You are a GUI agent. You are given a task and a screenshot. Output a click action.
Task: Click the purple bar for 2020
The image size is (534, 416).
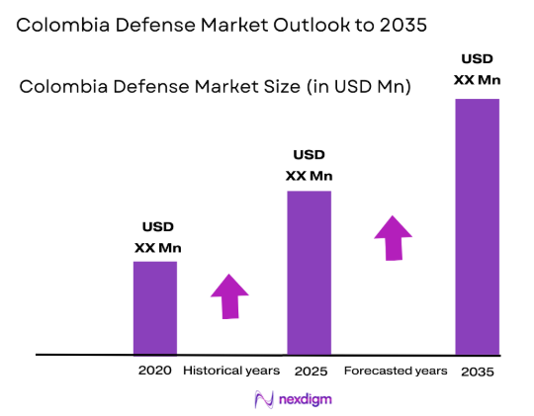[x=155, y=307]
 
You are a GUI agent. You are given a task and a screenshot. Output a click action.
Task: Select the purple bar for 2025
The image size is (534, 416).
[x=309, y=272]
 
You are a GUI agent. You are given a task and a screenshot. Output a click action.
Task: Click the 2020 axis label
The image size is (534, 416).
[x=155, y=371]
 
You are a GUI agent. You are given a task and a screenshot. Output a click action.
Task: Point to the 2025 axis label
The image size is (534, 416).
[x=310, y=371]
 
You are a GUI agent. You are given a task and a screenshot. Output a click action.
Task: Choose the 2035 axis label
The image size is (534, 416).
[x=477, y=372]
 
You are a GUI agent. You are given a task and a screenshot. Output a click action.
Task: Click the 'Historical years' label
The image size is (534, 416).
[x=232, y=371]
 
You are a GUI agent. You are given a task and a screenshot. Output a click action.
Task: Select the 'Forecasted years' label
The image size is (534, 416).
[x=395, y=371]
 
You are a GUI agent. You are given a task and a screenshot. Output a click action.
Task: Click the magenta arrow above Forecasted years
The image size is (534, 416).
[x=393, y=238]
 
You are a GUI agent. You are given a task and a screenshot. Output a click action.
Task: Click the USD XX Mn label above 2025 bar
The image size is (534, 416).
[x=309, y=166]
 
